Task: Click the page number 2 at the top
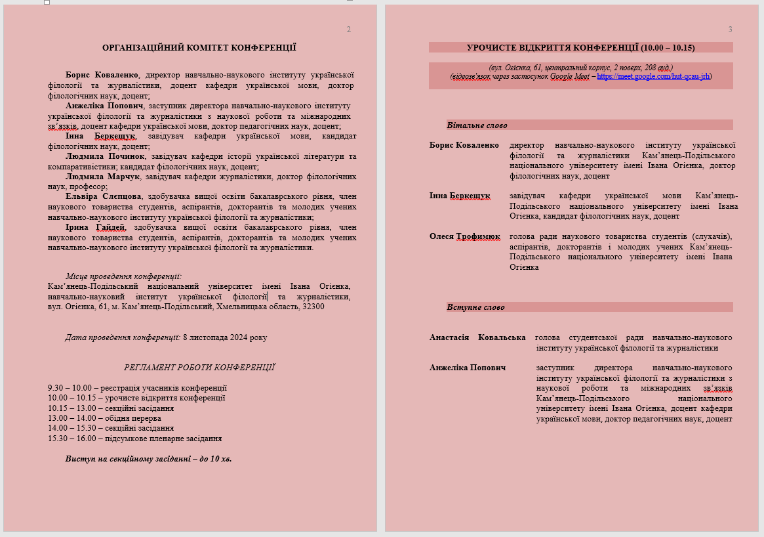point(349,30)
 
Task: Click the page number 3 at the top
point(730,30)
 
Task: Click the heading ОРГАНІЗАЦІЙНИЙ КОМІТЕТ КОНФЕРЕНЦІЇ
point(199,48)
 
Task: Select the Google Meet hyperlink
point(653,76)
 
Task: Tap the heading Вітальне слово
point(477,125)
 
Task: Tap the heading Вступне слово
point(475,307)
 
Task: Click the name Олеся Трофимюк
point(464,236)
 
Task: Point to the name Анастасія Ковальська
point(477,337)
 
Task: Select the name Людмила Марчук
point(103,177)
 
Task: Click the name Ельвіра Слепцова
point(103,196)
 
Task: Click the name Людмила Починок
point(105,156)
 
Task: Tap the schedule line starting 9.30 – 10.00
point(137,388)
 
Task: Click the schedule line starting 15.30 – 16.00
point(134,439)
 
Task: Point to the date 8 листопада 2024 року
point(225,337)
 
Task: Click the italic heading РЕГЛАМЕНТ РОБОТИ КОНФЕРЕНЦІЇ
point(199,368)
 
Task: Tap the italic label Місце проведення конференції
point(123,276)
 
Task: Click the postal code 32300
point(312,307)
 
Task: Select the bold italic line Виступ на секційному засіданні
point(148,459)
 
